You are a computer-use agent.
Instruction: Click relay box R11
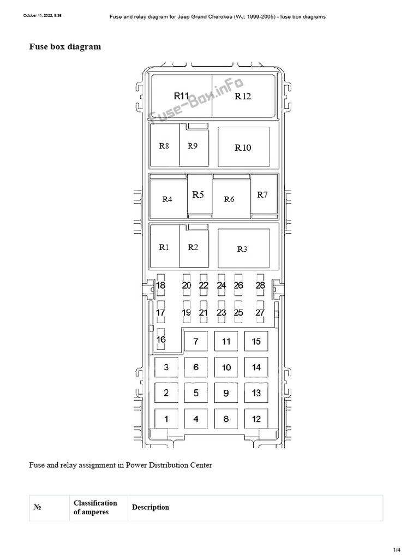point(182,96)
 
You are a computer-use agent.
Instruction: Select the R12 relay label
point(243,96)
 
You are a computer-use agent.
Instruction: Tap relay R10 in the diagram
point(244,147)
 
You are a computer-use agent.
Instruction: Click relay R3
point(244,248)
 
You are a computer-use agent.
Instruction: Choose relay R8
point(165,145)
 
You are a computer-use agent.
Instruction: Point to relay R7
point(264,196)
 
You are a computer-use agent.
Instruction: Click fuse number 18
point(161,285)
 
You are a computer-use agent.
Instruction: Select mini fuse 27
point(260,312)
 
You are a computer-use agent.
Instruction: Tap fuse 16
point(161,339)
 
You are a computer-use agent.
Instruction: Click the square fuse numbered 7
point(196,341)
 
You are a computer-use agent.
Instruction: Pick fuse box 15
point(256,341)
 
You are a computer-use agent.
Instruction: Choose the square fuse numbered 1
point(166,419)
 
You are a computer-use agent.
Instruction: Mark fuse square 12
point(256,419)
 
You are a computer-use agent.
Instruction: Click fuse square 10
point(226,367)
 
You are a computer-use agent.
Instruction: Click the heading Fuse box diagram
point(65,47)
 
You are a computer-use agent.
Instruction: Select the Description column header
point(151,507)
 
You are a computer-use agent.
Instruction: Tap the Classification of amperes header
point(95,507)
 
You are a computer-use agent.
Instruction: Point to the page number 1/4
point(397,550)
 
